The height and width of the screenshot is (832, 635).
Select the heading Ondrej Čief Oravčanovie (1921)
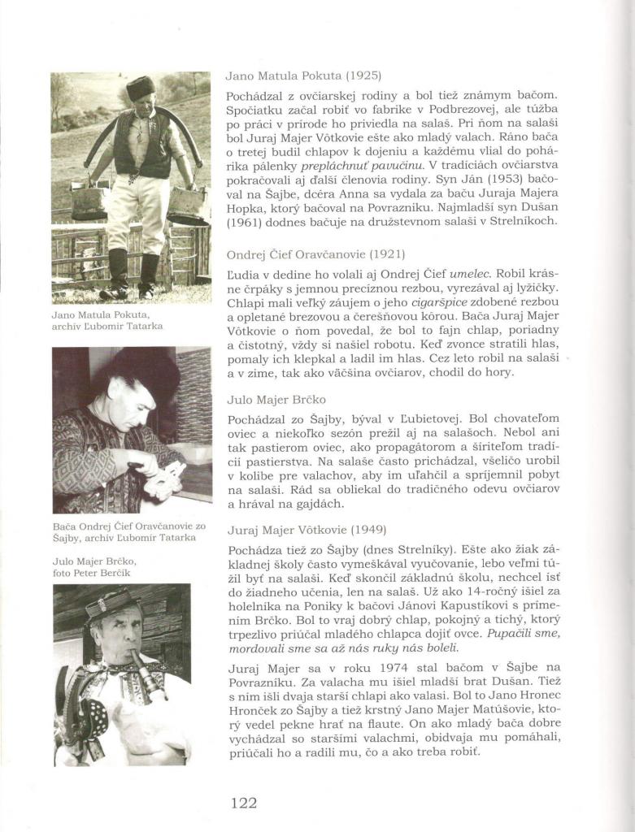pos(315,254)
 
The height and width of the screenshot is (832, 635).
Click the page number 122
pos(244,803)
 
